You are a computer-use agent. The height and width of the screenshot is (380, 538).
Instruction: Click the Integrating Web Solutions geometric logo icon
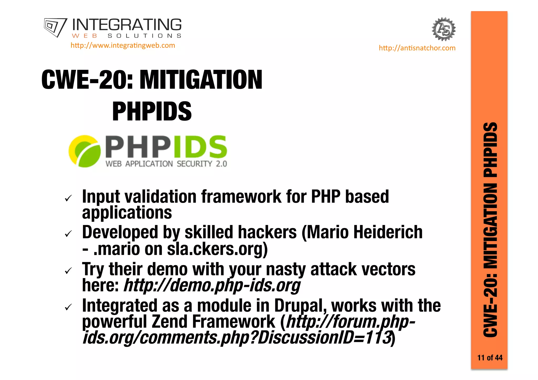coord(55,27)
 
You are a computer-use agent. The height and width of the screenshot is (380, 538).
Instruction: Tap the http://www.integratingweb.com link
coord(123,45)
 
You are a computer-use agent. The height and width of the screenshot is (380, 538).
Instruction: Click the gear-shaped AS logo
coord(444,29)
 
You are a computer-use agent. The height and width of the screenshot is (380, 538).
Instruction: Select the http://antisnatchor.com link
coord(417,48)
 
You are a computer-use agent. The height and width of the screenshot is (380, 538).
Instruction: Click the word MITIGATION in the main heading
coord(201,80)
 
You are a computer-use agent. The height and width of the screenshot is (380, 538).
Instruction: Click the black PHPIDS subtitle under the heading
coord(152,112)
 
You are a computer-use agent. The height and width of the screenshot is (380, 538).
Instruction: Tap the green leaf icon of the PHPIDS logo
coord(85,151)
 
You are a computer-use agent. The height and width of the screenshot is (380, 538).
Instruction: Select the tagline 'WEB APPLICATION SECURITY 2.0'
coord(166,164)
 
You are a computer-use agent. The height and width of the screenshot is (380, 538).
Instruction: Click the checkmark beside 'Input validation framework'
coord(68,198)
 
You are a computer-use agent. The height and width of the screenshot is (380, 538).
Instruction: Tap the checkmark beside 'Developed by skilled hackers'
coord(68,234)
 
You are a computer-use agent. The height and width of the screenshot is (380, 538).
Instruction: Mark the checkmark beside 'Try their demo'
coord(68,270)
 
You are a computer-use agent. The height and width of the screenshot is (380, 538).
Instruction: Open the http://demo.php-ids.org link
coord(212,285)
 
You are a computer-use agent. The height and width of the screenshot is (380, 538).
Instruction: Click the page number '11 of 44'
coord(490,358)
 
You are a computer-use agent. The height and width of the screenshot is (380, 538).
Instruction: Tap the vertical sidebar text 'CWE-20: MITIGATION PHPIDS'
coord(490,230)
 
